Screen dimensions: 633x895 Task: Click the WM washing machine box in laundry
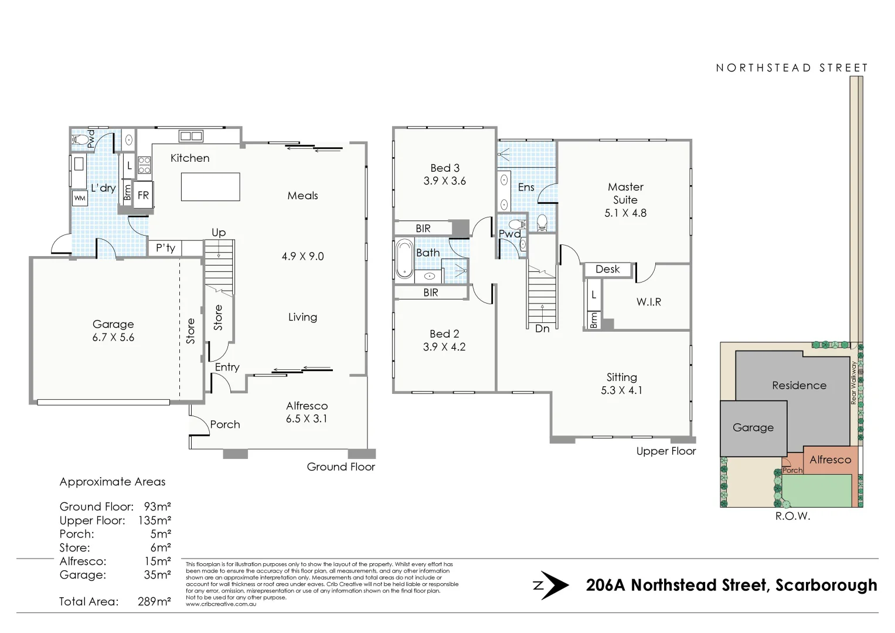tap(80, 198)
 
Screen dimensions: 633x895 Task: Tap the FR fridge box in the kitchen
tap(143, 195)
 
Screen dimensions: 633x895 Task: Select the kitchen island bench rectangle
tap(210, 187)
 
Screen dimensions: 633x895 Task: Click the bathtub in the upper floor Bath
tap(404, 258)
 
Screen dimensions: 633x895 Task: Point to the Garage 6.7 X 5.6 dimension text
tap(113, 338)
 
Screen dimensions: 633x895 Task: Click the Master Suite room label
tap(625, 193)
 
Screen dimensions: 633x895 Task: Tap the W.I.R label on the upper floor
tap(648, 302)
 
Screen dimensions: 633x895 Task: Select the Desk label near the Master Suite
tap(607, 270)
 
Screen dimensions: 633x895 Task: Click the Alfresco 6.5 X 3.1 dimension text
tap(307, 418)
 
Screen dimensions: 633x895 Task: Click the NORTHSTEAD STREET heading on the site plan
tap(791, 68)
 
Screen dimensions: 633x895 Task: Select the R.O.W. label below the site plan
tap(792, 517)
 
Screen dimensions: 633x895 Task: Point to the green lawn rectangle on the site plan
tap(818, 491)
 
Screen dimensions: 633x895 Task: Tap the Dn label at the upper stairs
tap(542, 329)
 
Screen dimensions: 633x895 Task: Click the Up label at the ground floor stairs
tap(219, 233)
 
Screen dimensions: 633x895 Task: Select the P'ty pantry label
tap(165, 248)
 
